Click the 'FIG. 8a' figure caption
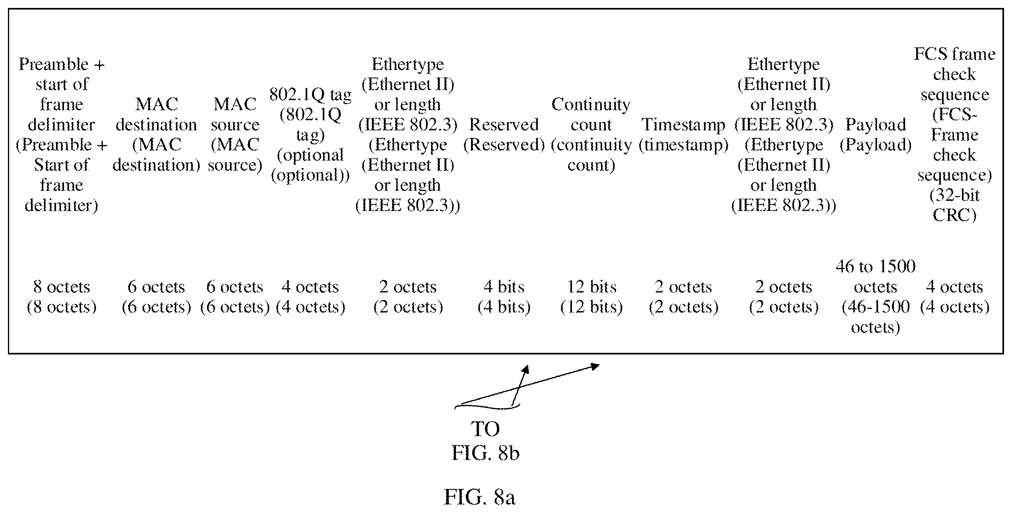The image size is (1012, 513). coord(479,497)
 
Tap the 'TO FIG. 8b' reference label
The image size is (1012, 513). coord(485,441)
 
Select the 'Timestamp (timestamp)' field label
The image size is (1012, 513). coord(683,135)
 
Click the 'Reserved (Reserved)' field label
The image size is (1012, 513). coord(504,135)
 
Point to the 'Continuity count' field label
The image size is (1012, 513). coord(591,135)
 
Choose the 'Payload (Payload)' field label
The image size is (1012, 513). coord(876,135)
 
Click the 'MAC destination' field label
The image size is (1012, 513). coord(156,135)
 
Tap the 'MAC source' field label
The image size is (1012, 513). coord(235,135)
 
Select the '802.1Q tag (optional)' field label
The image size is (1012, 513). coord(310,135)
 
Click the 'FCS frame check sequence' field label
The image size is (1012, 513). coord(954,135)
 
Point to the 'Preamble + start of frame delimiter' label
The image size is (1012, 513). coord(62,135)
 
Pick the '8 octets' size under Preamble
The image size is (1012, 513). coord(62,297)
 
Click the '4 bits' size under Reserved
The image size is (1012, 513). coord(504,297)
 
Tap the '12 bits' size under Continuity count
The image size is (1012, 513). coord(591,297)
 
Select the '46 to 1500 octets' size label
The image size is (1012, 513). coord(876,297)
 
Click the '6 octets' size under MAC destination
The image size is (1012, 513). coord(156,297)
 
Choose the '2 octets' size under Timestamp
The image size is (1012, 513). coord(683,297)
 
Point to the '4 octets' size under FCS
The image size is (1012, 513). coord(954,297)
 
